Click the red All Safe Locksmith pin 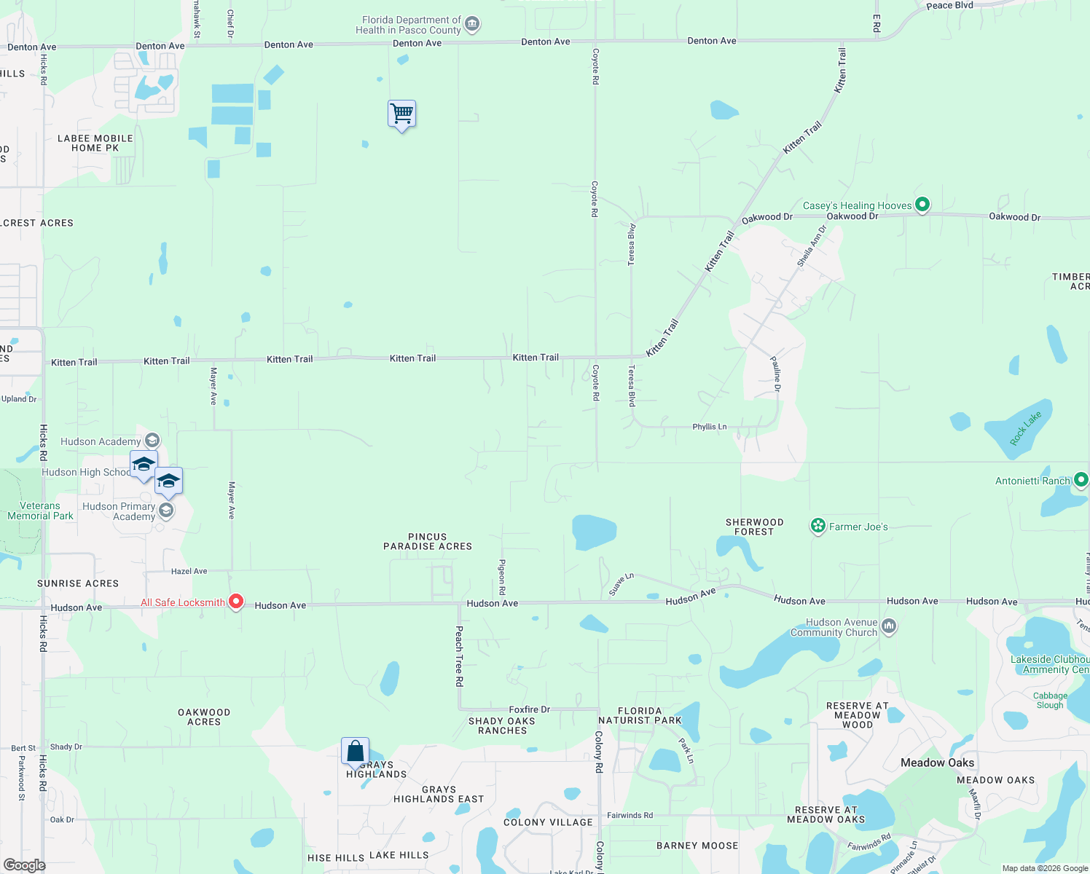point(235,602)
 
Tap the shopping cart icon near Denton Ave point(401,114)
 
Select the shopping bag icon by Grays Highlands point(355,751)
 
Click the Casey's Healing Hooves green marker point(922,205)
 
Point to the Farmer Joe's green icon point(818,526)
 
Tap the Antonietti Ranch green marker point(1081,480)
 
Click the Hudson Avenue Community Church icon point(889,626)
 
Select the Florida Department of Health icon point(472,25)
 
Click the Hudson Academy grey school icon point(152,441)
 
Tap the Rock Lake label point(1026,428)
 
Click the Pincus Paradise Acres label point(428,541)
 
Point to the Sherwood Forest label point(754,527)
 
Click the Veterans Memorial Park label point(40,511)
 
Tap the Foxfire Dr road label point(530,709)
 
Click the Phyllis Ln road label point(709,427)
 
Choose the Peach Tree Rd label point(459,655)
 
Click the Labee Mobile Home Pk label point(95,143)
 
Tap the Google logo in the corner point(25,865)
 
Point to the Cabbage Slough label point(1050,700)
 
